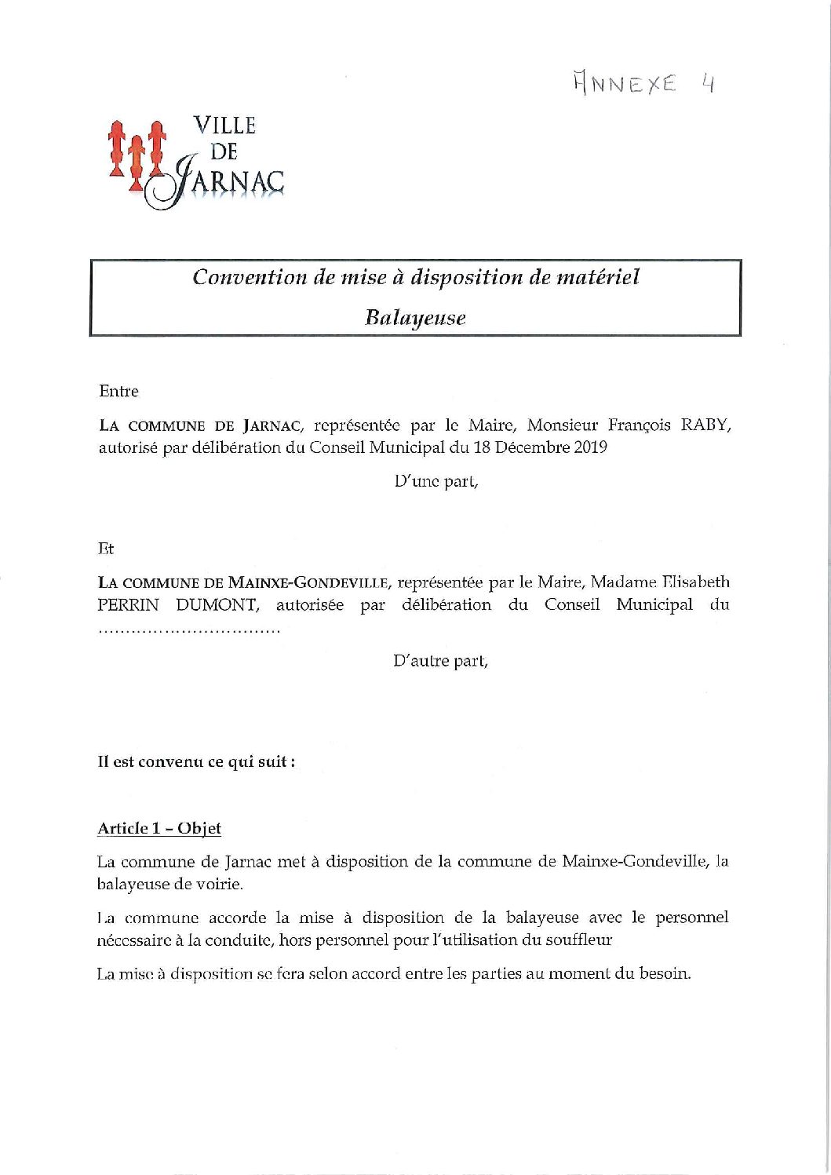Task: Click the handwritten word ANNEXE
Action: (x=625, y=82)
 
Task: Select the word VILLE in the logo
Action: (x=224, y=126)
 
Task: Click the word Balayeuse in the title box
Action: (x=415, y=318)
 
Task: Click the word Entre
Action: (x=118, y=391)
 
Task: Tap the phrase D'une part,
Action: (x=436, y=481)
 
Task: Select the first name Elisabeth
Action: (x=695, y=582)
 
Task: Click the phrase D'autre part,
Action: (x=439, y=661)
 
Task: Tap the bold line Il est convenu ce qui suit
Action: (x=196, y=761)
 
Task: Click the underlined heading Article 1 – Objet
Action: (x=159, y=828)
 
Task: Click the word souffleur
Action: (x=572, y=940)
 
